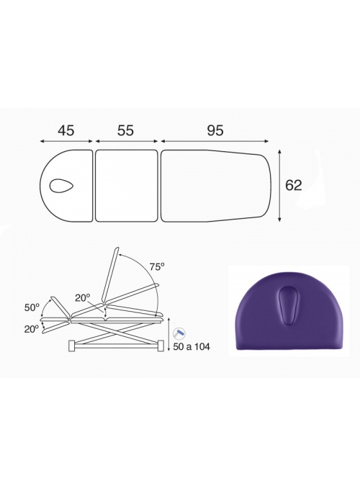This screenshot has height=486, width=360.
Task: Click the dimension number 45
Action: pyautogui.click(x=66, y=130)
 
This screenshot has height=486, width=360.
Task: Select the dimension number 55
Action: pyautogui.click(x=125, y=130)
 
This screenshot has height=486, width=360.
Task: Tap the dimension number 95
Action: pyautogui.click(x=215, y=130)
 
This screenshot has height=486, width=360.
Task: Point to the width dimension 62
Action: pyautogui.click(x=293, y=185)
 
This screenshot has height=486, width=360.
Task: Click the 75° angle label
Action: pyautogui.click(x=157, y=266)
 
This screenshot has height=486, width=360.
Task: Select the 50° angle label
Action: pyautogui.click(x=32, y=307)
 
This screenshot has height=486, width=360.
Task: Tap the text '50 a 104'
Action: pyautogui.click(x=192, y=346)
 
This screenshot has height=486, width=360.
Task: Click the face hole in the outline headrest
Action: pyautogui.click(x=61, y=186)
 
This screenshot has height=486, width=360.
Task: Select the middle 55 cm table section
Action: pyautogui.click(x=126, y=186)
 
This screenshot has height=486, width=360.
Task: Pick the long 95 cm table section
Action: pyautogui.click(x=215, y=186)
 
